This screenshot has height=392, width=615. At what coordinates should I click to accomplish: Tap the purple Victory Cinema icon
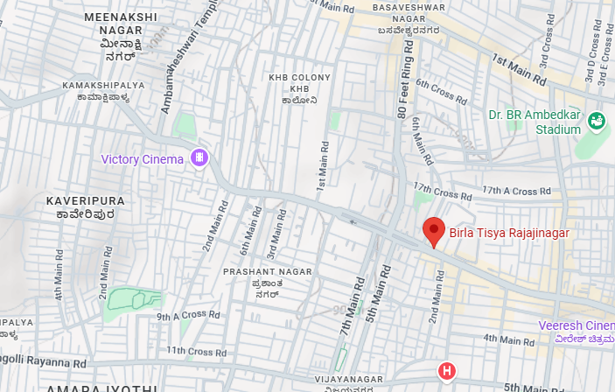201,158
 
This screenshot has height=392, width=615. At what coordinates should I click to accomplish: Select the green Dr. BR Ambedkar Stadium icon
598,121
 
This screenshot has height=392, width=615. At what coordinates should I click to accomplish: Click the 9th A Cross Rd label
188,315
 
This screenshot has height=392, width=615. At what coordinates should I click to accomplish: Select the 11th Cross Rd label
188,351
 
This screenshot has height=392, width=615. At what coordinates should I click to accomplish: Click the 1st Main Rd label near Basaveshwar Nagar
519,70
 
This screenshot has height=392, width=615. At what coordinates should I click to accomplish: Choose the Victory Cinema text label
143,159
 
